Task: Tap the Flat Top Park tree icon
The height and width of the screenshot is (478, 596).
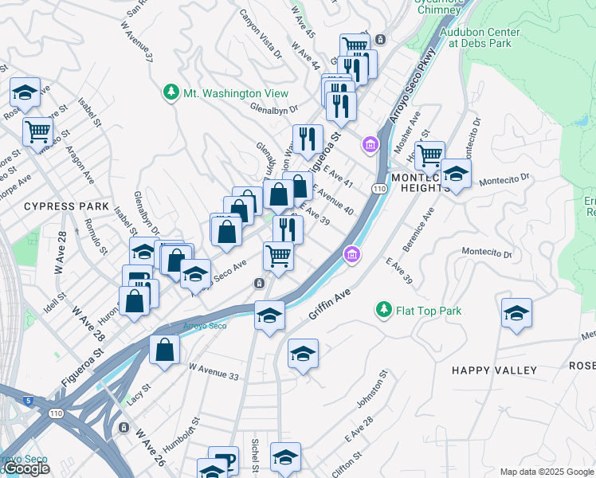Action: pyautogui.click(x=383, y=310)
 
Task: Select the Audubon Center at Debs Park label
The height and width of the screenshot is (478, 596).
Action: pyautogui.click(x=480, y=37)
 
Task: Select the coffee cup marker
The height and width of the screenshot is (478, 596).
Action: pyautogui.click(x=222, y=460)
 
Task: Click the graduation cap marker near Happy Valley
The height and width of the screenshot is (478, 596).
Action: pyautogui.click(x=517, y=313)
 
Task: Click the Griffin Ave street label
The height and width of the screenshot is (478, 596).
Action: pyautogui.click(x=331, y=305)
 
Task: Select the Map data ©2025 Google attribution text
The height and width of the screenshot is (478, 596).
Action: pyautogui.click(x=546, y=472)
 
